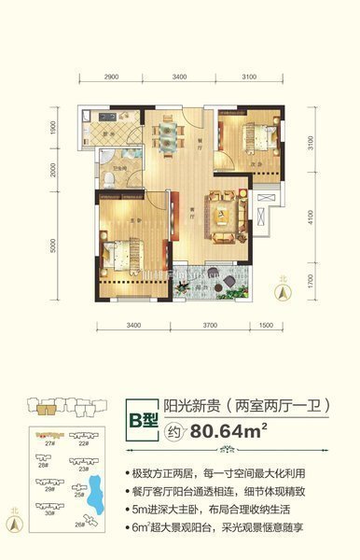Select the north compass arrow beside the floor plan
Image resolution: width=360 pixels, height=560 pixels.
[278, 287]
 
